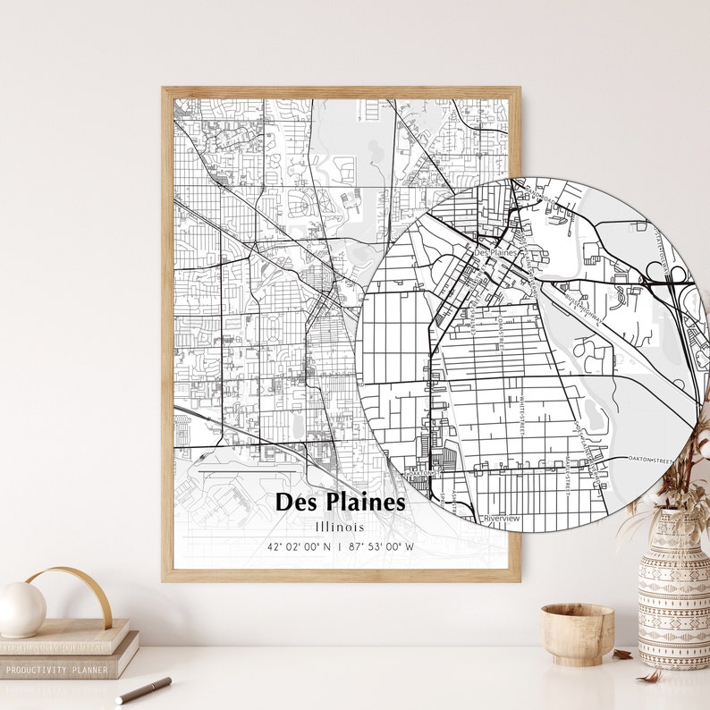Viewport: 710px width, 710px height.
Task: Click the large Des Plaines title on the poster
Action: point(340,502)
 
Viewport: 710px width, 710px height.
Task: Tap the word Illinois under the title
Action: point(340,527)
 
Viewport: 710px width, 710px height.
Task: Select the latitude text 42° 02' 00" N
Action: point(298,546)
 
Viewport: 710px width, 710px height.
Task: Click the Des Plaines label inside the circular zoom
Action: point(495,253)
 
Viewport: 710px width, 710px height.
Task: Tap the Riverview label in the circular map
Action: point(502,518)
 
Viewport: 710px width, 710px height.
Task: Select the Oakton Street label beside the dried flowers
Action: point(650,459)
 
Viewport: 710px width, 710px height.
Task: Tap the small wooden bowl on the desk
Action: point(577,633)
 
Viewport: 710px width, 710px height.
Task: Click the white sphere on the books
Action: point(21,609)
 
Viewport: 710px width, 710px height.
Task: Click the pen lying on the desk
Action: point(143,689)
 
